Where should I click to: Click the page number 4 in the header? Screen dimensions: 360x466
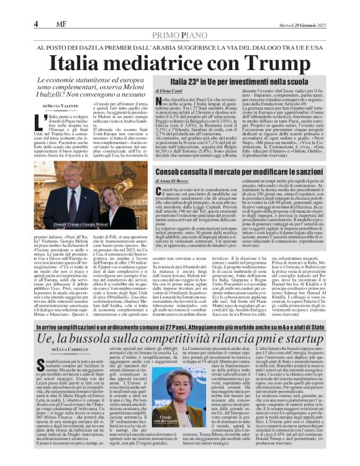pyautogui.click(x=37, y=24)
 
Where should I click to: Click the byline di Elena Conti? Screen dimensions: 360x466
pyautogui.click(x=146, y=91)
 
